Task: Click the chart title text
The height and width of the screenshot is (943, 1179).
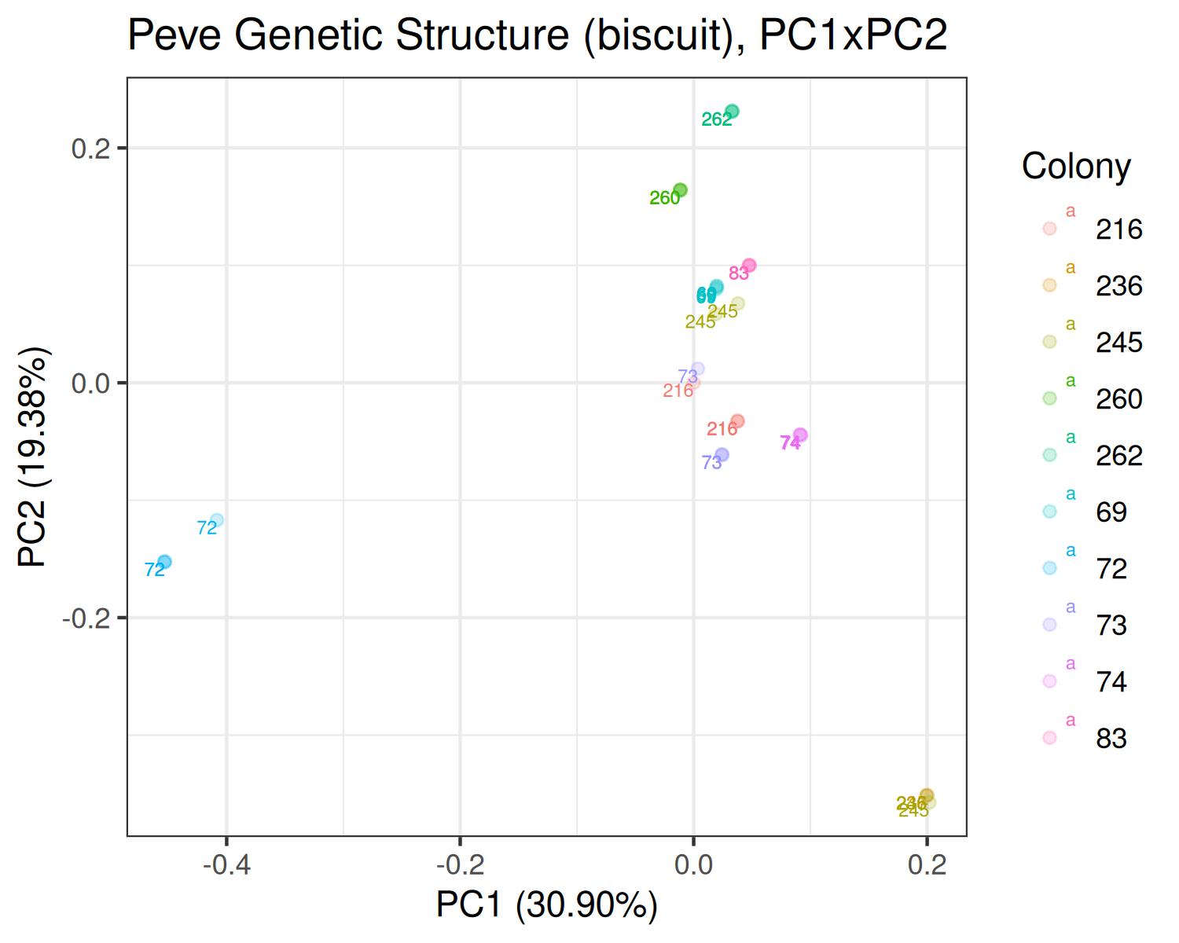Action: click(x=537, y=35)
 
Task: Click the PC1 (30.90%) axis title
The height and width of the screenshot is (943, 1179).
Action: click(x=547, y=905)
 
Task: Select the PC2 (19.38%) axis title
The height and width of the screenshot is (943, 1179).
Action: click(x=34, y=457)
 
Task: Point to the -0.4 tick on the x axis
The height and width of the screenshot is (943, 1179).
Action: click(x=226, y=866)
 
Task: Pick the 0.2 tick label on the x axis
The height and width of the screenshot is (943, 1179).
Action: click(x=927, y=866)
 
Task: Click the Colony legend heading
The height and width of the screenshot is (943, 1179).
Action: click(x=1076, y=166)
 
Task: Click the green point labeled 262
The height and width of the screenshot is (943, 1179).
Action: click(x=732, y=112)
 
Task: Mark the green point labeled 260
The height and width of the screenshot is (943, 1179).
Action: click(x=681, y=190)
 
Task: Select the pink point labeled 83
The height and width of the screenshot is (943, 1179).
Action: click(x=749, y=266)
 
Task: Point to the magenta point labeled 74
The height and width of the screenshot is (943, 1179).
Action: click(x=800, y=435)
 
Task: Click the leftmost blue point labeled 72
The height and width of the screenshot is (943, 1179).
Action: click(x=164, y=562)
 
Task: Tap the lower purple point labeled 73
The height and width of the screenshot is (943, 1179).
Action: click(x=722, y=455)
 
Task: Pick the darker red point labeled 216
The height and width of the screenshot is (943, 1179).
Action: click(x=737, y=422)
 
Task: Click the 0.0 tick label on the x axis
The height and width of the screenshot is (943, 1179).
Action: click(x=693, y=866)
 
